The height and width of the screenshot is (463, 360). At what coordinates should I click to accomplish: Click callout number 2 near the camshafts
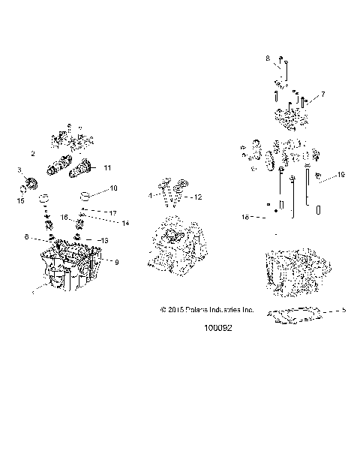click(33, 153)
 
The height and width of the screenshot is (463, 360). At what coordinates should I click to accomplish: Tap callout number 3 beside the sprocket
click(19, 171)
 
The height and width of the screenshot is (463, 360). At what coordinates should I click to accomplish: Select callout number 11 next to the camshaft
click(107, 167)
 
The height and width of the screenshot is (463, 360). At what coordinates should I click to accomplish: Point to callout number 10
click(114, 188)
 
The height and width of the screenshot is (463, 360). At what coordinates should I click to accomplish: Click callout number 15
click(21, 200)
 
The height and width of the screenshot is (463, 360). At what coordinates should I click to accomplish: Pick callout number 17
click(113, 213)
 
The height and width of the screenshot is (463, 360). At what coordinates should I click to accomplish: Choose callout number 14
click(115, 224)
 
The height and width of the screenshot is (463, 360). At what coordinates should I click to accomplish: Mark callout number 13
click(104, 240)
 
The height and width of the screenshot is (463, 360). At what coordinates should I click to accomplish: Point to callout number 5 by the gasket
click(343, 309)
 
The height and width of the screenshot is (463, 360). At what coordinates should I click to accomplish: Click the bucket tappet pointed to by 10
click(85, 197)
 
